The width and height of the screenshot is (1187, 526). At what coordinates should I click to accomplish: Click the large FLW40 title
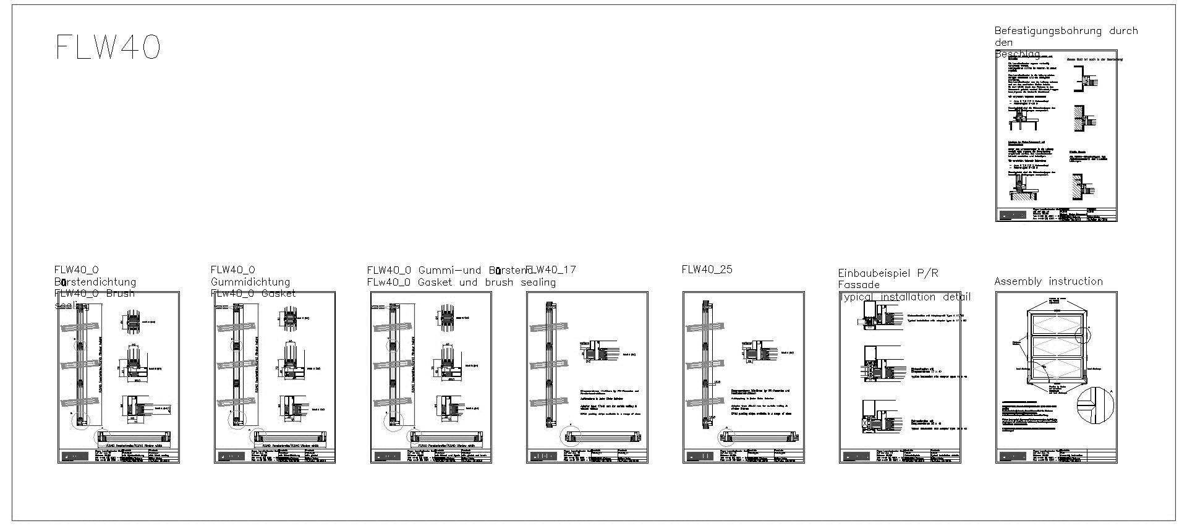108,47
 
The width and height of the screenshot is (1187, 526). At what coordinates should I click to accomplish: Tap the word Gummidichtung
250,282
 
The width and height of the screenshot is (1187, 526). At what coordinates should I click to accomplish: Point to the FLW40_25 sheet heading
707,269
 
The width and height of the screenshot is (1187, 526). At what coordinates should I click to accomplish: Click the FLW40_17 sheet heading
551,269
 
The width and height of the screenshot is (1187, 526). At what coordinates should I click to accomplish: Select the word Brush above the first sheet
120,293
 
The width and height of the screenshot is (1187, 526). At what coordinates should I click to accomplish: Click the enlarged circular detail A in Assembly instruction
1095,406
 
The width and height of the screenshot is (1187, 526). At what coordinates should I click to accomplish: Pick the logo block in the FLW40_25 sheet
700,457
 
